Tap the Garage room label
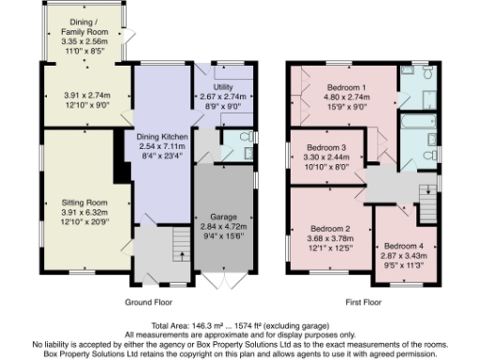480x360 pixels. (223, 217)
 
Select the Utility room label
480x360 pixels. (223, 84)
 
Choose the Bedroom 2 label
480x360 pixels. (330, 229)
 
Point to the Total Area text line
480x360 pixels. (240, 324)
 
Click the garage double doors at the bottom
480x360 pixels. (223, 282)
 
